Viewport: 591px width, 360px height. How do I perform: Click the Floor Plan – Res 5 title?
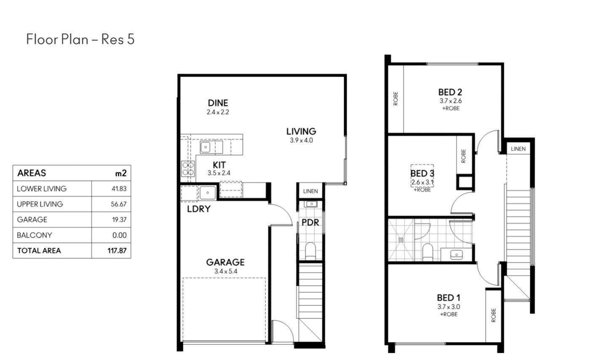coord(80,39)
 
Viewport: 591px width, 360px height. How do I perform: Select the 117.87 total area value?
coord(117,251)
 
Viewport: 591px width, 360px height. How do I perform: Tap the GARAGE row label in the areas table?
coord(32,219)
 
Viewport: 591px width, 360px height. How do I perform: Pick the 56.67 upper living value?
coord(118,204)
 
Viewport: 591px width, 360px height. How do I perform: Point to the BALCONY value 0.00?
coord(119,235)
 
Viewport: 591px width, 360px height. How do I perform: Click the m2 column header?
coord(121,173)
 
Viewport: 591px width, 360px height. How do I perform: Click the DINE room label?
coord(218,103)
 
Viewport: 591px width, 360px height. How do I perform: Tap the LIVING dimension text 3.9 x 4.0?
coord(301,140)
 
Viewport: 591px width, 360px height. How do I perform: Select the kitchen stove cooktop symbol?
coord(188,169)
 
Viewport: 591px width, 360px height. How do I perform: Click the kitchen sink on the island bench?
coord(205,147)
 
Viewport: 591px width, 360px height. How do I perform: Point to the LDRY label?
coord(199,209)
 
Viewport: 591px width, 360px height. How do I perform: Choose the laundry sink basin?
coord(207,192)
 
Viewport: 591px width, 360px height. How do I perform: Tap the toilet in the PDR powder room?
coord(310,251)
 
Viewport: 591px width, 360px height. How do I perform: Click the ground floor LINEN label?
coord(310,191)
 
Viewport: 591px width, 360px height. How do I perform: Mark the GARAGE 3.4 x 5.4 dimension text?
coord(226,271)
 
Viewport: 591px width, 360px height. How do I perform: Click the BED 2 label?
coord(450,92)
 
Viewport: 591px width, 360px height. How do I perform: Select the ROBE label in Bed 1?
coord(494,315)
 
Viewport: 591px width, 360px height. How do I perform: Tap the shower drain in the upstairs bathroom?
coord(401,240)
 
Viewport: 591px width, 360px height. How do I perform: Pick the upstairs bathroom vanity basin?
coord(456,255)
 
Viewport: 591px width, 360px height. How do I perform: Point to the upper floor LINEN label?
coord(518,149)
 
